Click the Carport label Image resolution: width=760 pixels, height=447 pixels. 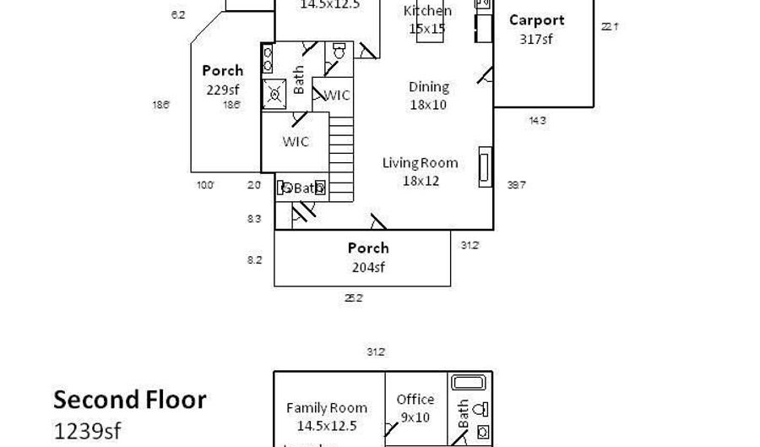click(536, 20)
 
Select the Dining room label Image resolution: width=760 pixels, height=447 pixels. click(428, 86)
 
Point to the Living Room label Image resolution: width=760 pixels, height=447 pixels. click(420, 163)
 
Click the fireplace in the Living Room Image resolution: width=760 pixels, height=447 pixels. click(485, 166)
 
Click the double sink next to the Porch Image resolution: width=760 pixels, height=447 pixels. click(269, 58)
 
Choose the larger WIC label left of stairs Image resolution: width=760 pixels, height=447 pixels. click(295, 141)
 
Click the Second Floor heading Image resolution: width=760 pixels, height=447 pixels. click(129, 400)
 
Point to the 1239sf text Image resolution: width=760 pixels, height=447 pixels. click(87, 430)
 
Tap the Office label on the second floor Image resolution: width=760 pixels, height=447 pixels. click(415, 400)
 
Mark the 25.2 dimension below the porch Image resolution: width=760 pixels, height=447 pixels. click(353, 297)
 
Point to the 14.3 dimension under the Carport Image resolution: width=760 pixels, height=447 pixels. click(537, 120)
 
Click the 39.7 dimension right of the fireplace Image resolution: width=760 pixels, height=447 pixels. click(517, 185)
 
